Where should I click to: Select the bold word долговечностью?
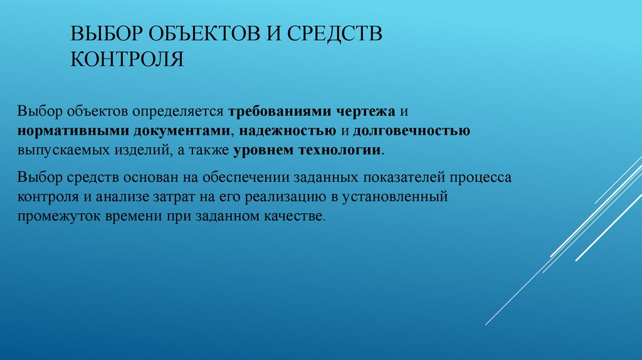[411, 131]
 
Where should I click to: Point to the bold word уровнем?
[261, 151]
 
